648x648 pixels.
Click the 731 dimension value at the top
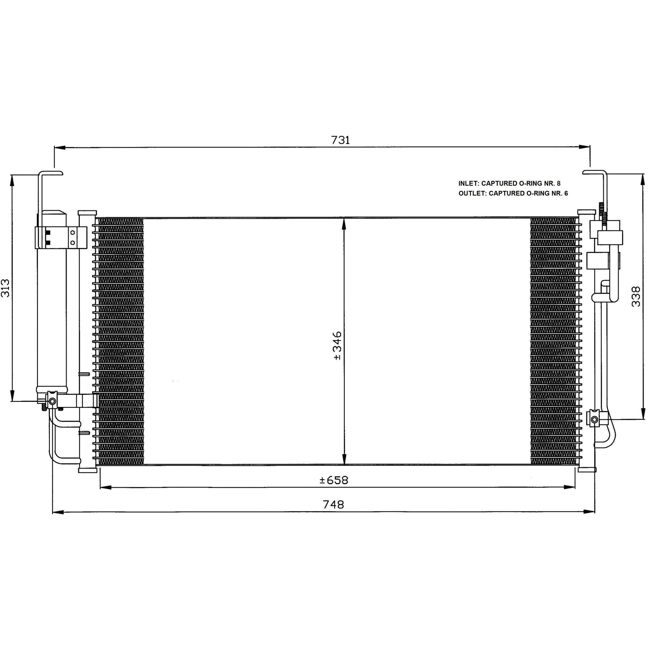tap(340, 140)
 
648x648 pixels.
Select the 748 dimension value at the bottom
tap(334, 504)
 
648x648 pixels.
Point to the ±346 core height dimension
tap(337, 346)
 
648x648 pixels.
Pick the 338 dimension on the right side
tap(636, 296)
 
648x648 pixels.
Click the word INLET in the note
tap(468, 184)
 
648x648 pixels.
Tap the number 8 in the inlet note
tap(558, 184)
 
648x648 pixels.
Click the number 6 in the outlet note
tap(566, 193)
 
